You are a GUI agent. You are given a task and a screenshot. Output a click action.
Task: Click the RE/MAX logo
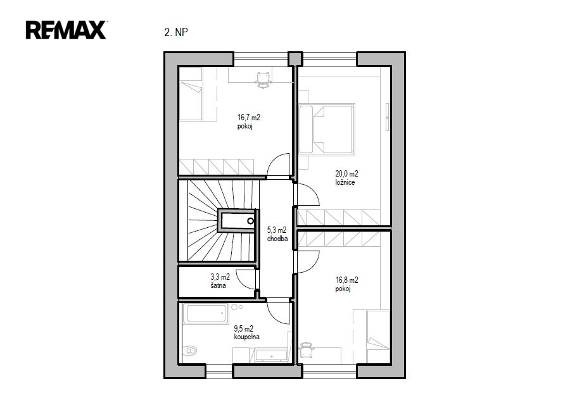66,30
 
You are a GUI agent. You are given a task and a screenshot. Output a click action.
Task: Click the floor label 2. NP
176,32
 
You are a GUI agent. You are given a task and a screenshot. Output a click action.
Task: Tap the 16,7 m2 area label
249,117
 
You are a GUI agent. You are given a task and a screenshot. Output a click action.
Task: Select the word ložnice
345,182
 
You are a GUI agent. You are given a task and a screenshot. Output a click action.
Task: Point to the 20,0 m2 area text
346,173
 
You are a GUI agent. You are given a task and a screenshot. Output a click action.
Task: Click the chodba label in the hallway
277,239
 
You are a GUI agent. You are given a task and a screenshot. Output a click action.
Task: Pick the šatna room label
218,285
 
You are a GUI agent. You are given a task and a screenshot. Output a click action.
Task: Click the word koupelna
247,337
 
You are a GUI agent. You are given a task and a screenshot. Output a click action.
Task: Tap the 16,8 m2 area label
347,280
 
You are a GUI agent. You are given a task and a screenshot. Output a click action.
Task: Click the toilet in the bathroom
189,351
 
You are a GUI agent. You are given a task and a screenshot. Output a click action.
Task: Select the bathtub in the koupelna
205,313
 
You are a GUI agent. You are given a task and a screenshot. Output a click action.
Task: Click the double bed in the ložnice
326,129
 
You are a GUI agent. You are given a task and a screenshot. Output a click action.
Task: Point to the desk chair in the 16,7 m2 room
263,80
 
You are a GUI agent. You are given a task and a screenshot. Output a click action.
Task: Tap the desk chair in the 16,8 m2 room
307,350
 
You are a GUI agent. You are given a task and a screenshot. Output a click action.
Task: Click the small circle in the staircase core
250,221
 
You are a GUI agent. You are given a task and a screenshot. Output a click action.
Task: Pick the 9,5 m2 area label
244,328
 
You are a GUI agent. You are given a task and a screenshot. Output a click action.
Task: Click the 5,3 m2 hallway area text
277,230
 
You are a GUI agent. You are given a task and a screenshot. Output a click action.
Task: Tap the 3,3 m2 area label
220,277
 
